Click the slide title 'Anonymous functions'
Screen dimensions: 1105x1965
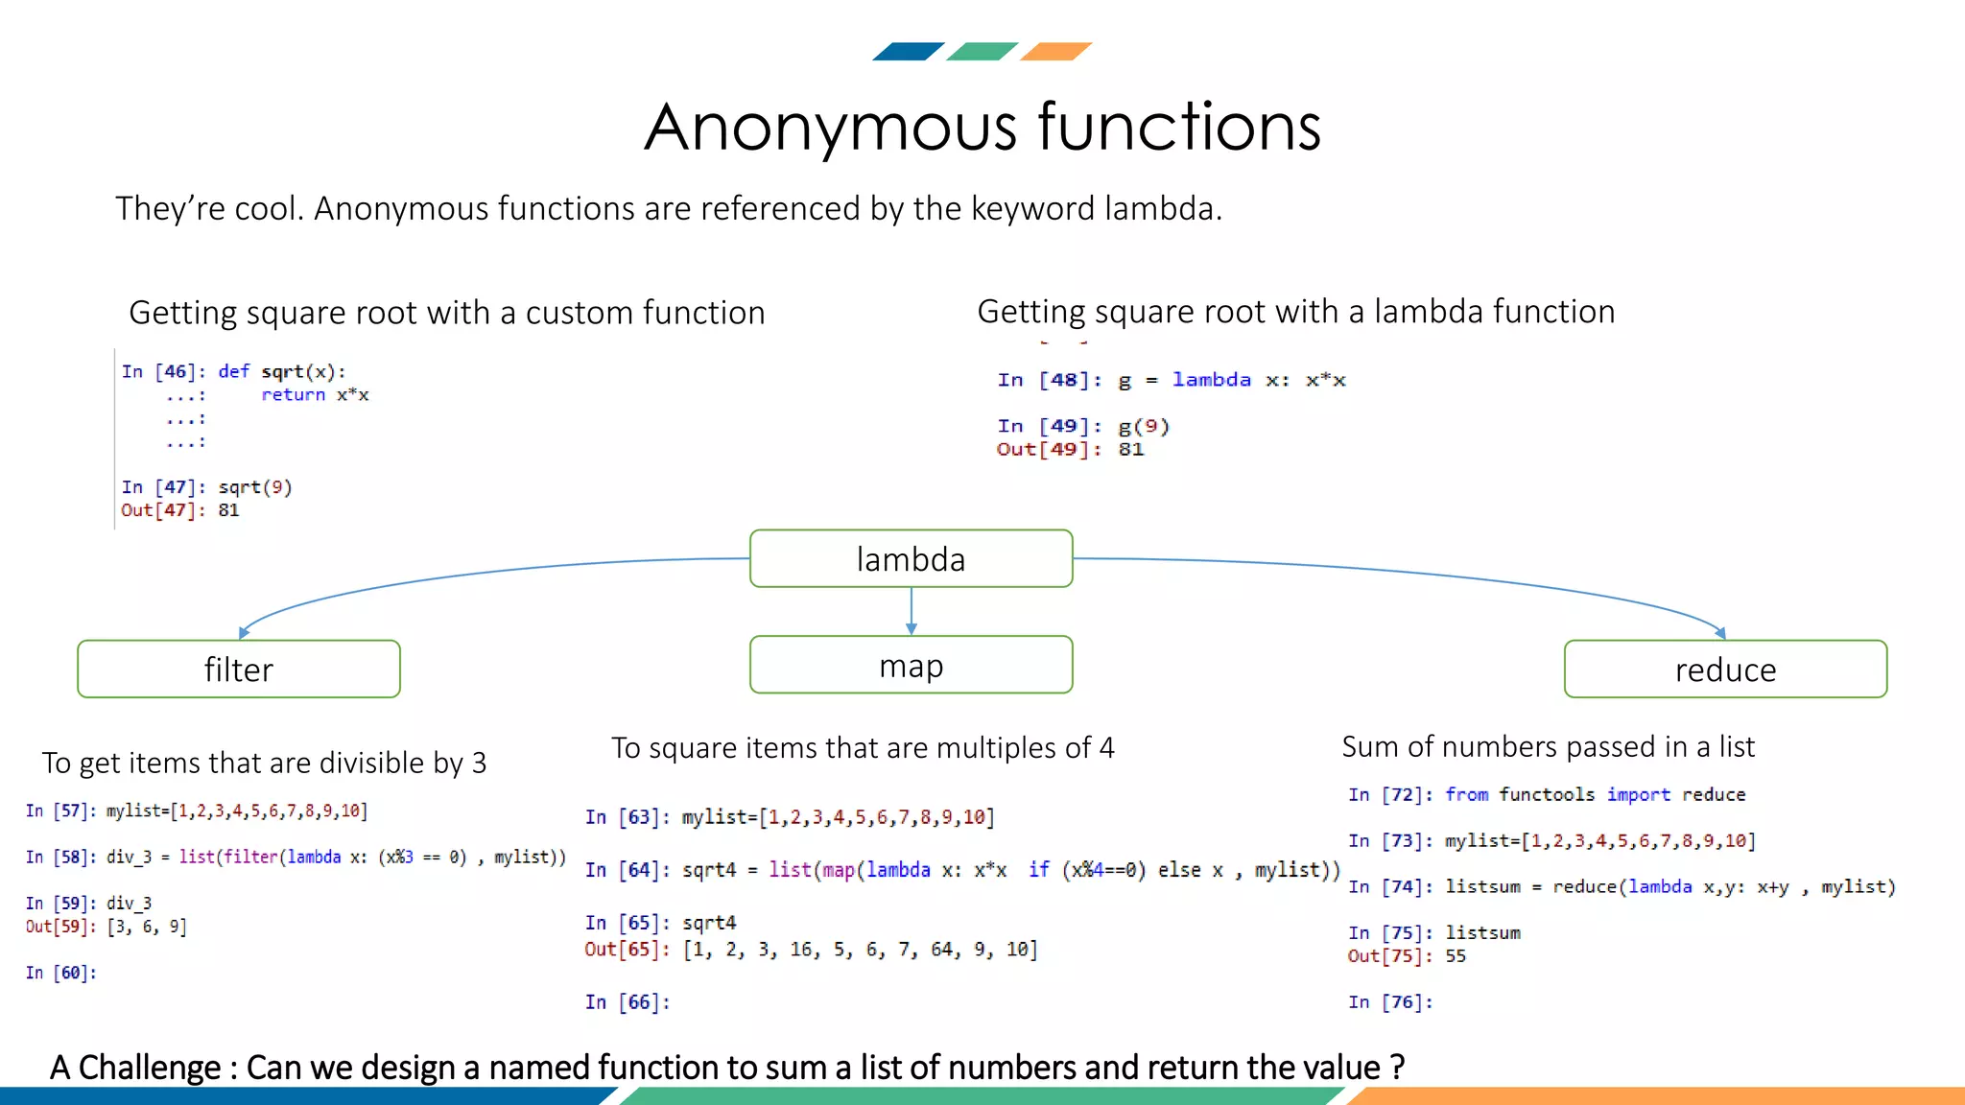[982, 127]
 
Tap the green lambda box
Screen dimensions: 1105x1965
[911, 558]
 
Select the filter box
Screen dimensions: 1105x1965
[239, 669]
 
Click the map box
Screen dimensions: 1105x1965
[911, 664]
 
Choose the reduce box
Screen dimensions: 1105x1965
[1725, 669]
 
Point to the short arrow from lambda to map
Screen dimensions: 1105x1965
[911, 611]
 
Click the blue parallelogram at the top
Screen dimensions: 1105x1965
[908, 52]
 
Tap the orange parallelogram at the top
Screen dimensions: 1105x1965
[1055, 52]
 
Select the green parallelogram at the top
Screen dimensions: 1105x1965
[982, 52]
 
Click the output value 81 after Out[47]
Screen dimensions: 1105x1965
[228, 510]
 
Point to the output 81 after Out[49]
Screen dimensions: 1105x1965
[1131, 449]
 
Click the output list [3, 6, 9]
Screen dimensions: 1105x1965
[147, 927]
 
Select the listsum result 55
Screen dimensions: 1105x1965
[1456, 955]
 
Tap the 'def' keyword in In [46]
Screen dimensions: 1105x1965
[233, 371]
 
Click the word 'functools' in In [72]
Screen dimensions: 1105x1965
[1547, 794]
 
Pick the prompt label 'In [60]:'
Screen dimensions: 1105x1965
[61, 973]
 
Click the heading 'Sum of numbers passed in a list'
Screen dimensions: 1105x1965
[1548, 746]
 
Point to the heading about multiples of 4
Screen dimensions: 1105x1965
[863, 747]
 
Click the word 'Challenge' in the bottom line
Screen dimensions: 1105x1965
[150, 1067]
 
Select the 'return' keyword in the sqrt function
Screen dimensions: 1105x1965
[293, 395]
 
